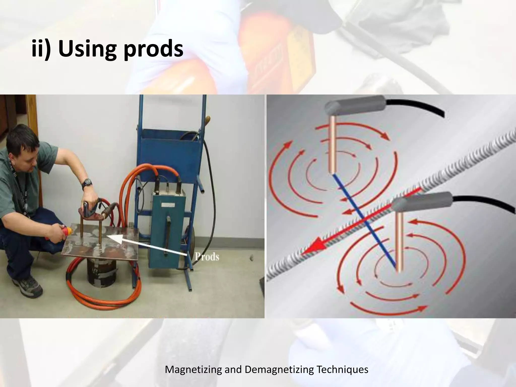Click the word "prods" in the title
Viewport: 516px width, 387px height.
coord(153,49)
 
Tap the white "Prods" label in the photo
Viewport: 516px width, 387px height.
coord(207,257)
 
